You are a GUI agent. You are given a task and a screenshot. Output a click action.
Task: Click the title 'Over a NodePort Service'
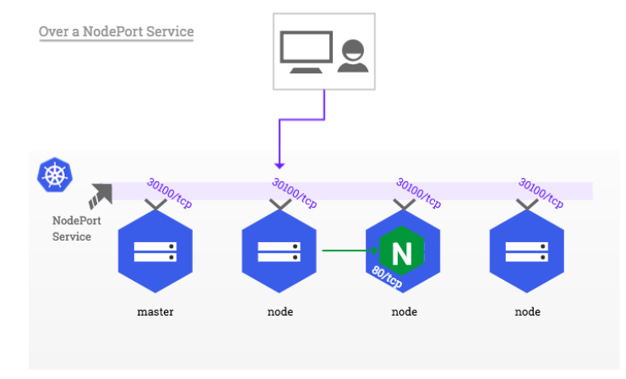coord(116,31)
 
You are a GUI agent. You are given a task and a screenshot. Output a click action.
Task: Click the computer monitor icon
coord(306,52)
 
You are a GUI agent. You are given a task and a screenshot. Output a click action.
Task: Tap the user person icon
coord(353,55)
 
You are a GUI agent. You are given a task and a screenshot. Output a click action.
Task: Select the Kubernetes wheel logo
coord(54,175)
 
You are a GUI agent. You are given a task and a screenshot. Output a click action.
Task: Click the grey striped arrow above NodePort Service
coord(100,196)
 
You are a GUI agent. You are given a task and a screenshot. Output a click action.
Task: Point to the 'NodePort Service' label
coord(77,228)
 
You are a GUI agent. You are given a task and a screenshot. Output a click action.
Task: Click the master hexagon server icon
coord(156,251)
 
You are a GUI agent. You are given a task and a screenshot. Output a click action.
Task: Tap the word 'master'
coord(156,311)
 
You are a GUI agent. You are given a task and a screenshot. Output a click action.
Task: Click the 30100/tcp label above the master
coord(170,193)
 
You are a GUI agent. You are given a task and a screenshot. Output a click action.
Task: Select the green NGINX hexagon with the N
coord(402,250)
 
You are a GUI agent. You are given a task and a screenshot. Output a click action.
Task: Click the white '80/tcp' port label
coord(387,277)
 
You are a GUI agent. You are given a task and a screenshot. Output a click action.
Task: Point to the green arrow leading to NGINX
coord(350,250)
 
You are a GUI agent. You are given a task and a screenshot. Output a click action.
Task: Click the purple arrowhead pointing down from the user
coord(279,166)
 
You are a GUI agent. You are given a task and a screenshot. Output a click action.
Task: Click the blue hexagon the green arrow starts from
coord(279,251)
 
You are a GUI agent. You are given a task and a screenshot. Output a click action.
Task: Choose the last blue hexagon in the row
coord(526,251)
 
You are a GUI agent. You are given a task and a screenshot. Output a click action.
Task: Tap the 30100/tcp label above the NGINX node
coord(418,193)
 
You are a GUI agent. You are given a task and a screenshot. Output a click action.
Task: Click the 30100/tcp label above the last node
coord(541,193)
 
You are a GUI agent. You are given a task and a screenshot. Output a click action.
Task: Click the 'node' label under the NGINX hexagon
coord(404,311)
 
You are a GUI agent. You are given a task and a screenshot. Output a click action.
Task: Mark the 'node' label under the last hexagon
coord(527,311)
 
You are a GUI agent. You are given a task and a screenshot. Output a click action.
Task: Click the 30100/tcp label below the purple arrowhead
coord(294,193)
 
